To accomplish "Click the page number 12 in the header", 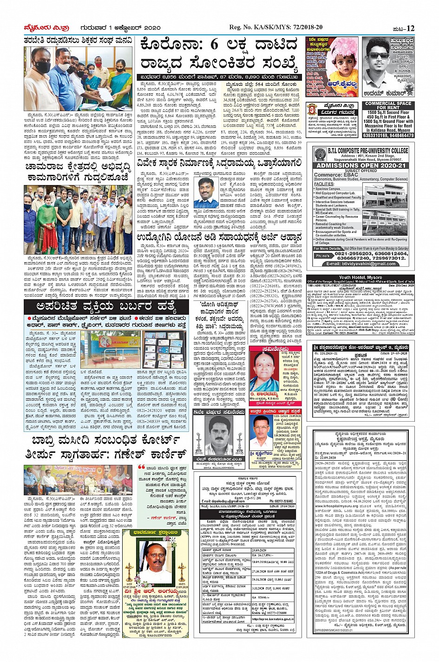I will pos(410,28).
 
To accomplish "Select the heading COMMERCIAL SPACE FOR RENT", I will pos(388,106).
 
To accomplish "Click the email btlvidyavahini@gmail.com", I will pos(361,264).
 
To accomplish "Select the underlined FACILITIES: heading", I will pos(324,184).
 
